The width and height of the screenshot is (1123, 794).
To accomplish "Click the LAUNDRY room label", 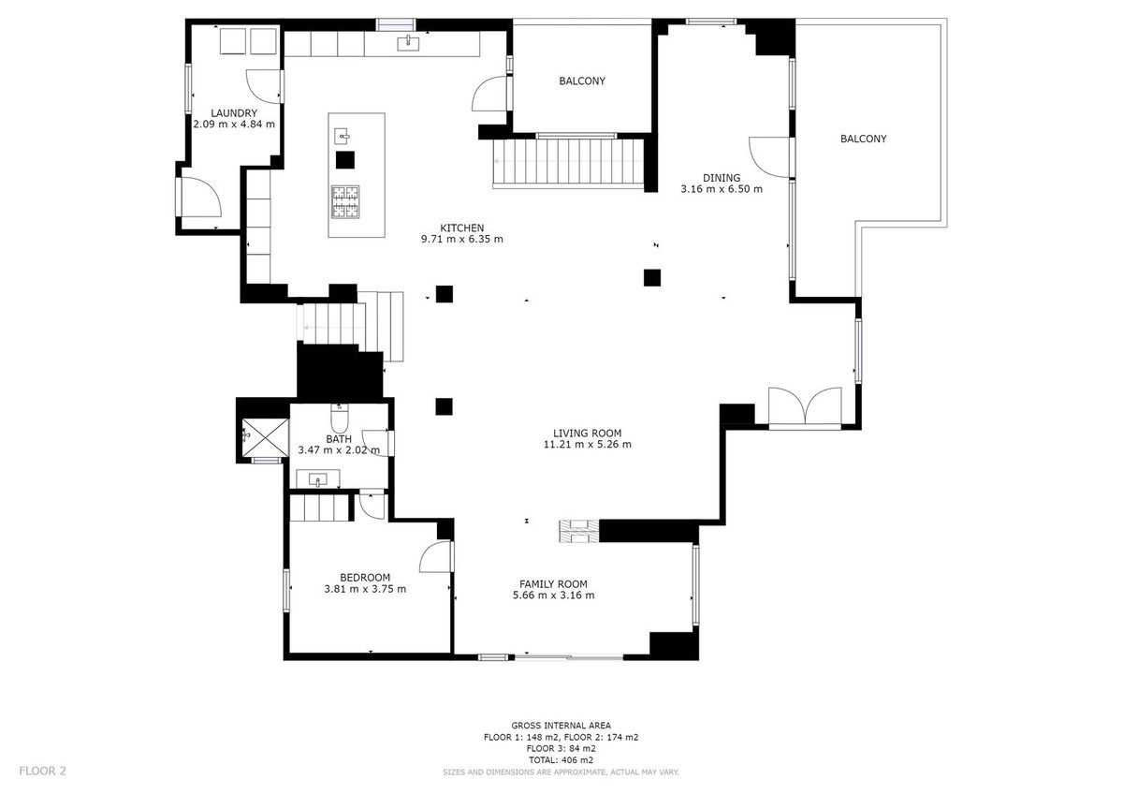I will click(x=234, y=113).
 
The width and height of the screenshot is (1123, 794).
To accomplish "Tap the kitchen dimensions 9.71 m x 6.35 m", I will click(x=462, y=239).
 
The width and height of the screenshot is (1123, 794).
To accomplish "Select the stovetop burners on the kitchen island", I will click(x=344, y=201).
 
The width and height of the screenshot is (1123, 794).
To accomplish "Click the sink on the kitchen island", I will click(x=342, y=136).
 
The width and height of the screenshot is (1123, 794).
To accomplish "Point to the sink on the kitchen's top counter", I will click(x=409, y=42).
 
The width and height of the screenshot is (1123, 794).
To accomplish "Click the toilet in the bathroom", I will click(x=339, y=414).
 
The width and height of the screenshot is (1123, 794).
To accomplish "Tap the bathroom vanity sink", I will click(x=318, y=480).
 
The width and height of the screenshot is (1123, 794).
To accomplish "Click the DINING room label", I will click(x=722, y=178).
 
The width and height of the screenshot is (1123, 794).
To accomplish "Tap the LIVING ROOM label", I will click(x=587, y=433).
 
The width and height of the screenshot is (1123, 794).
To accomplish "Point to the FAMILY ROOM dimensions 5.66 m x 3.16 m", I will click(x=553, y=595).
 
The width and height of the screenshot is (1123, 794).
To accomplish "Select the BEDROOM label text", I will click(x=365, y=577).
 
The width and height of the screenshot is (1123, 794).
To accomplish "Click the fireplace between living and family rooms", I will click(x=577, y=531).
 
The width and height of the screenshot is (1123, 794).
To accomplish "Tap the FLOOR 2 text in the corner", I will click(x=43, y=772).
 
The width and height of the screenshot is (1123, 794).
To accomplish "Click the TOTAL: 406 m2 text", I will click(x=561, y=760).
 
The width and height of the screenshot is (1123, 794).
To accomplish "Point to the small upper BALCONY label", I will click(x=582, y=81).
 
